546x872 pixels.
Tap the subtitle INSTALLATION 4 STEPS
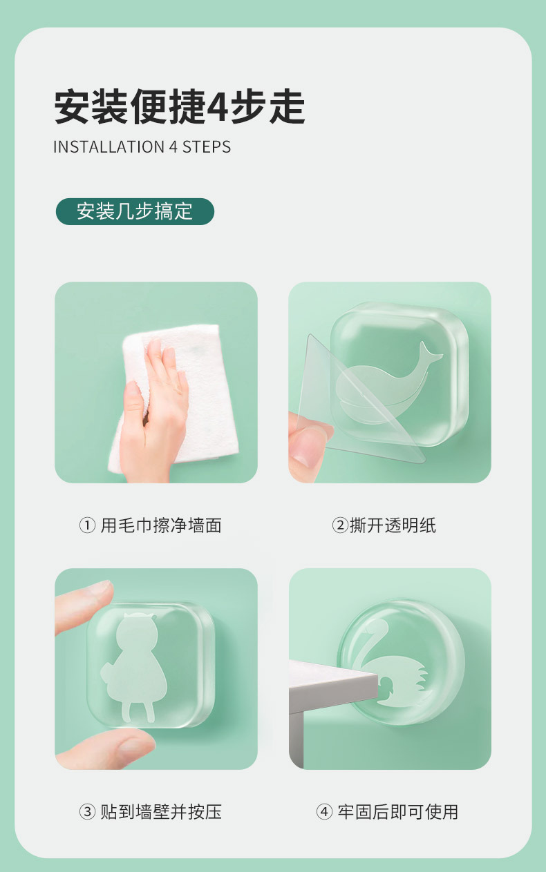point(142,147)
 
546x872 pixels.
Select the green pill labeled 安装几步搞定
point(135,211)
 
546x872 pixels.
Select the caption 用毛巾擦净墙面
point(160,525)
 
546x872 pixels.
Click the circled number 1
point(87,526)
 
